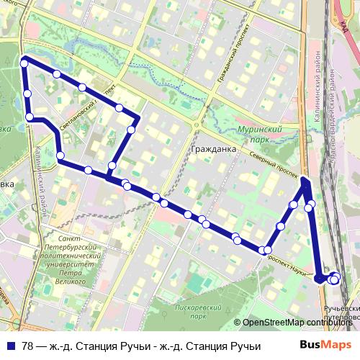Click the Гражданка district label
tap(214, 150)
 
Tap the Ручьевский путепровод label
tap(338, 311)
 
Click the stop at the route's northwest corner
tap(24, 63)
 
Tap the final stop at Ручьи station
tap(334, 279)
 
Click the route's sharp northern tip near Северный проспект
tap(305, 179)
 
